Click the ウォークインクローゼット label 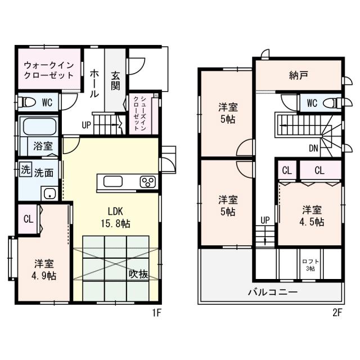point(48,70)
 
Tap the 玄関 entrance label point(115,80)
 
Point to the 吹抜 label point(138,274)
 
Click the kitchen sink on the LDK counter point(112,182)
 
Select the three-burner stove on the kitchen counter point(148,182)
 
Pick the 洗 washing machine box point(25,169)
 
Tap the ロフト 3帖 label point(308,265)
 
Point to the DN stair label point(314,149)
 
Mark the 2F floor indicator point(336,313)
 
